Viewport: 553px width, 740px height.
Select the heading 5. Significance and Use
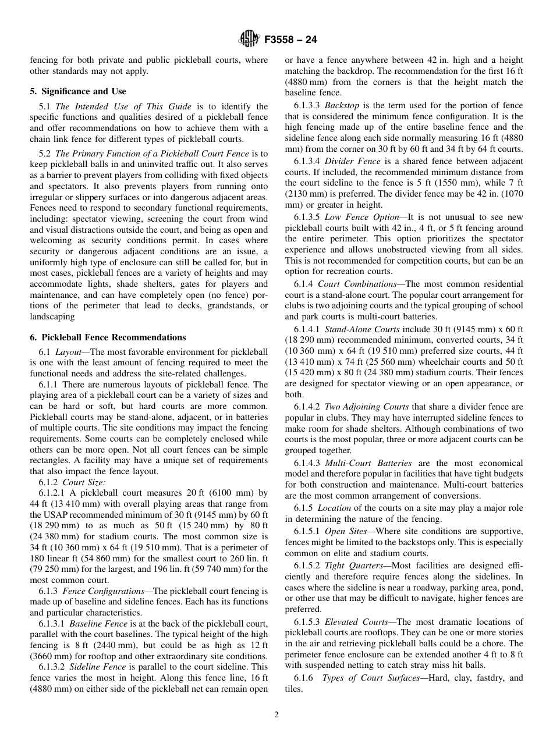point(78,91)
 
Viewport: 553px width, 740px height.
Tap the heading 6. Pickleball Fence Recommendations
point(108,337)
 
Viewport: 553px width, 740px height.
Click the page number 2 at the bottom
point(276,715)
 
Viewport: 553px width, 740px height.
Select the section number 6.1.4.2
point(307,407)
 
